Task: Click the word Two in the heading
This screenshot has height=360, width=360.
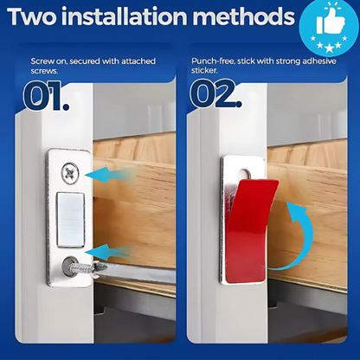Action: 32,16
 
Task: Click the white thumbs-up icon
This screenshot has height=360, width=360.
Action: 331,22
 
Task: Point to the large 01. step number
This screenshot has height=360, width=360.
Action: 46,96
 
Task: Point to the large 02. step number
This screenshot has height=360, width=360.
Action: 215,93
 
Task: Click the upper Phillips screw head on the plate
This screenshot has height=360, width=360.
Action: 70,173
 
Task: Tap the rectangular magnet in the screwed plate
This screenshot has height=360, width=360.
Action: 70,220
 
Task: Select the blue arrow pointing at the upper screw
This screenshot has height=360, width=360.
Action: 110,175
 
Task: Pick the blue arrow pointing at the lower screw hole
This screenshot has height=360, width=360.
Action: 109,252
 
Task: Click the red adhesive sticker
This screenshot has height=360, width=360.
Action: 250,230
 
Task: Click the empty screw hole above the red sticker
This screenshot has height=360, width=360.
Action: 245,174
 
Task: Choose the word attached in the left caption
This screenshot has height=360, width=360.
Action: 138,61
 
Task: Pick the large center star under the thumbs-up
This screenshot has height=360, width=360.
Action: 329,47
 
